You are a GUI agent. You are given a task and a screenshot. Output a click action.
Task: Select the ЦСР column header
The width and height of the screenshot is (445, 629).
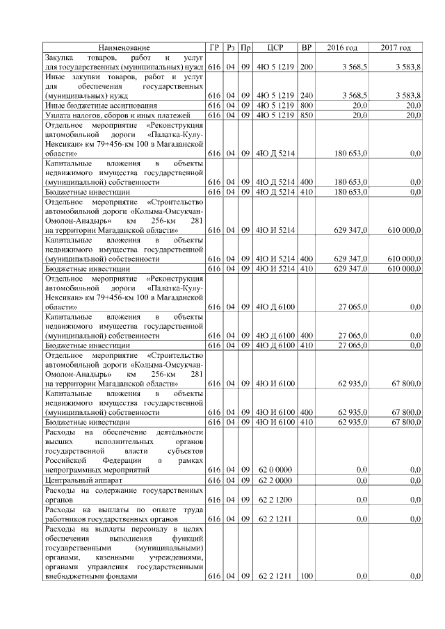(275, 47)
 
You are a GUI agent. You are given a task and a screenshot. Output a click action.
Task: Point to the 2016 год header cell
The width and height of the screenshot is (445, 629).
(342, 47)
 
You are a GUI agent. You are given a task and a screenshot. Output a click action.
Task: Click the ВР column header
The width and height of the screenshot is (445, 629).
(306, 47)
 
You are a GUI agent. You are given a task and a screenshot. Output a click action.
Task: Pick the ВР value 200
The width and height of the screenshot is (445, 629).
(306, 67)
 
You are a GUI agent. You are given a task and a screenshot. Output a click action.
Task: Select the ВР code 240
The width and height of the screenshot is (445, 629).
(306, 95)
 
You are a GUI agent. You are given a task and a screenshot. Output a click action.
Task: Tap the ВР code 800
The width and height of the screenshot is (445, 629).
(306, 105)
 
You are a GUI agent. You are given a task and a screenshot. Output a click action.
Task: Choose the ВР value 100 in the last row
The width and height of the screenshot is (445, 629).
(306, 576)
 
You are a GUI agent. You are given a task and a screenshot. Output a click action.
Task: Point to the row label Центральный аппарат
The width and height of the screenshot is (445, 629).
(80, 480)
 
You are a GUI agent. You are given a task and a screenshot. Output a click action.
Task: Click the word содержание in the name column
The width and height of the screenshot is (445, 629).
(121, 490)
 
